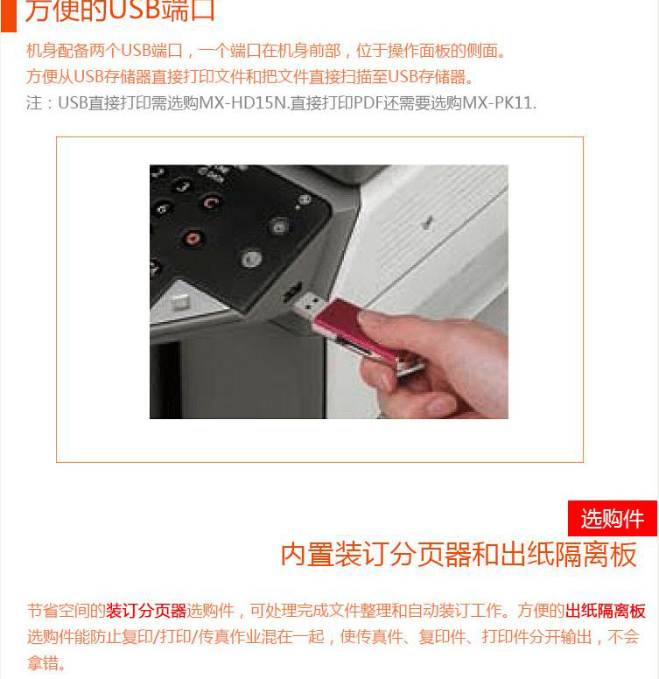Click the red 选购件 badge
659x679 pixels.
coord(613,518)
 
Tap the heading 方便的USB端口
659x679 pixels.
coord(120,10)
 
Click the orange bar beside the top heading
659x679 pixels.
coord(8,16)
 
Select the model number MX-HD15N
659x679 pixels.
coord(243,103)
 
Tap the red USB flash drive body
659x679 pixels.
coord(355,332)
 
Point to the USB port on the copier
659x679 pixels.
coord(292,291)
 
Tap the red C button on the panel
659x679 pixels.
coord(211,203)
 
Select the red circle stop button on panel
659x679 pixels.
coord(192,239)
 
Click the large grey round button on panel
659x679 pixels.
coord(251,258)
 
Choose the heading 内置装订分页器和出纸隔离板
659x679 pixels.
coord(459,555)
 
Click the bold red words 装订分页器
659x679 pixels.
coord(146,611)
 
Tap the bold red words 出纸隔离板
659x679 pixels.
coord(606,611)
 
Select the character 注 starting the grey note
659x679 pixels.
coord(34,103)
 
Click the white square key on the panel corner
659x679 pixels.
coord(180,301)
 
